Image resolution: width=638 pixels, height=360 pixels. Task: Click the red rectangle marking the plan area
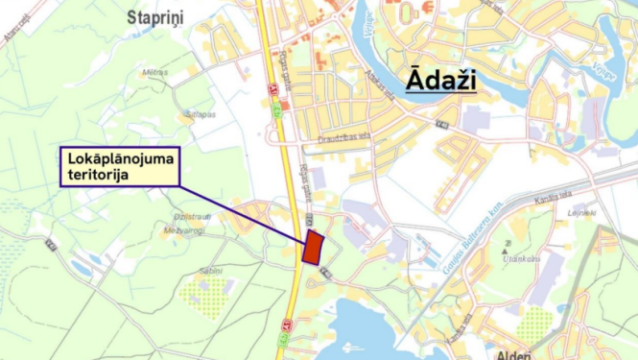(x=312, y=248)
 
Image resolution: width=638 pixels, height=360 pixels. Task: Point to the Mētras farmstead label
(x=154, y=71)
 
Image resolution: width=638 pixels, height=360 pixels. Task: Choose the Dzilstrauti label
(x=192, y=216)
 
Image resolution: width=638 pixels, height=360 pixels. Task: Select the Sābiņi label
(x=211, y=271)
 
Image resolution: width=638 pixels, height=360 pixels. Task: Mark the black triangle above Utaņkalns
(x=507, y=245)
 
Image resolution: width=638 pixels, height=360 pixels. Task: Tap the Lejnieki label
(x=581, y=212)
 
